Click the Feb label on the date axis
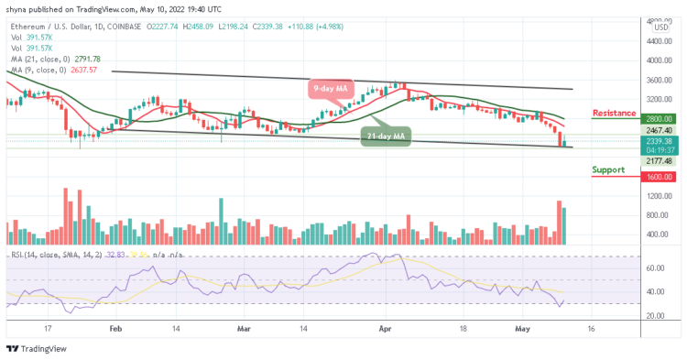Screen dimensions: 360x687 (x=115, y=326)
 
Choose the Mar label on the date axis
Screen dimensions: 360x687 (x=244, y=326)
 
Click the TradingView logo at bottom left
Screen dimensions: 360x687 (x=36, y=349)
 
